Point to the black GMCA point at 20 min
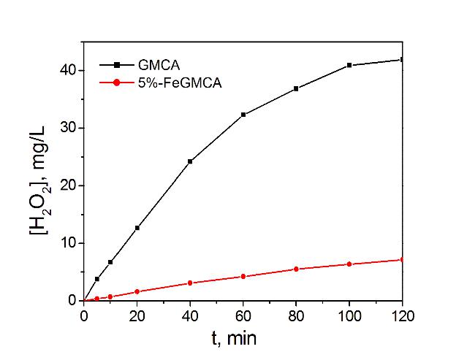137,228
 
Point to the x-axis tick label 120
402,315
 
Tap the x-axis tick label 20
137,315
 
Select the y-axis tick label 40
67,71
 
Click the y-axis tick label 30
67,128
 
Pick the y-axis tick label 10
67,243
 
